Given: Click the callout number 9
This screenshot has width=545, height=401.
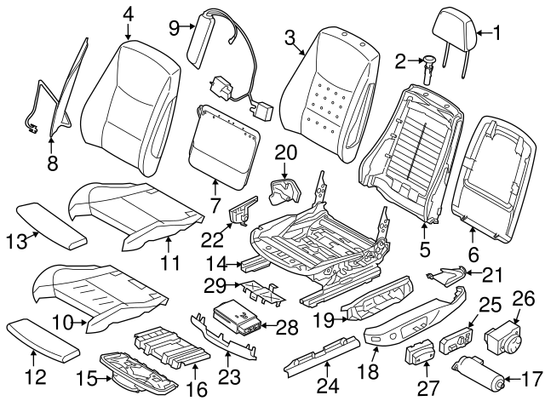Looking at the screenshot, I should [175, 27].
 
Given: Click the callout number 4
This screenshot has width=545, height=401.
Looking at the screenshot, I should [128, 14].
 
